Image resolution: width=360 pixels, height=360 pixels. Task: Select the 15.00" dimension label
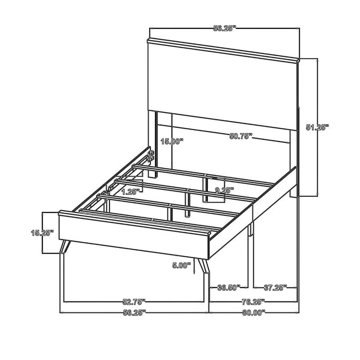[172, 141]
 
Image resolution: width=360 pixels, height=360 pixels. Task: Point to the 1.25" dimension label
[130, 191]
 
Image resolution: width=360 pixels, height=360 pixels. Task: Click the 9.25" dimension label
[224, 190]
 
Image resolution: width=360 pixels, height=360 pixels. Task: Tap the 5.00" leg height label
[182, 265]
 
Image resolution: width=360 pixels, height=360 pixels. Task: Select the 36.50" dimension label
[229, 287]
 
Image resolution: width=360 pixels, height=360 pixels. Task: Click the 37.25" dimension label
[274, 287]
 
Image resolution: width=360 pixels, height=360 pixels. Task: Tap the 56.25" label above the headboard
[225, 28]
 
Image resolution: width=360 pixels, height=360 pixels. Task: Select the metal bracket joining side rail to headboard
[151, 156]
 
